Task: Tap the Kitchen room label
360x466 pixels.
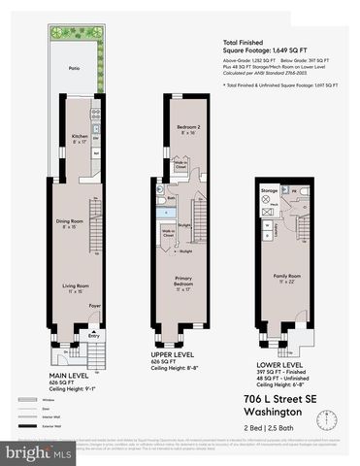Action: (81, 139)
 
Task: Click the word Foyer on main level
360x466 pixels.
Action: (95, 305)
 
